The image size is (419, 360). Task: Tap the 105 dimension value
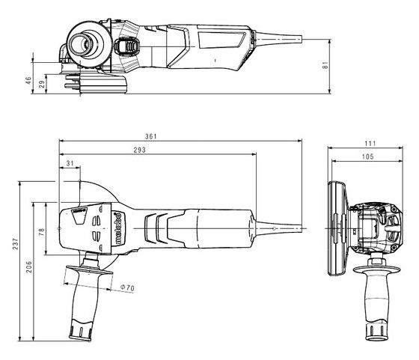(x=368, y=157)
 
